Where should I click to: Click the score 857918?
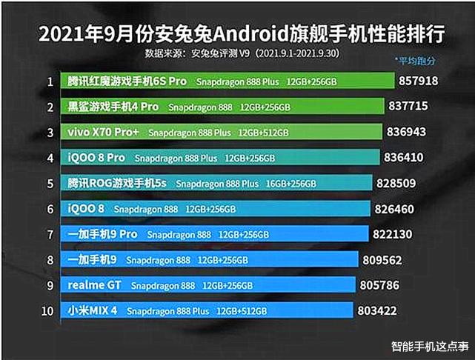pyautogui.click(x=418, y=81)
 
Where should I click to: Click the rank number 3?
pyautogui.click(x=50, y=133)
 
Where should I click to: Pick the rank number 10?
pyautogui.click(x=48, y=311)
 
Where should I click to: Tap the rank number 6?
pyautogui.click(x=50, y=210)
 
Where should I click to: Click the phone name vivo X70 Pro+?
pyautogui.click(x=101, y=133)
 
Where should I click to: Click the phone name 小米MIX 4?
pyautogui.click(x=93, y=311)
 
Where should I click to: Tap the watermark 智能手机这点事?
pyautogui.click(x=428, y=346)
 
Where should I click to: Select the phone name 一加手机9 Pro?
pyautogui.click(x=102, y=235)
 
